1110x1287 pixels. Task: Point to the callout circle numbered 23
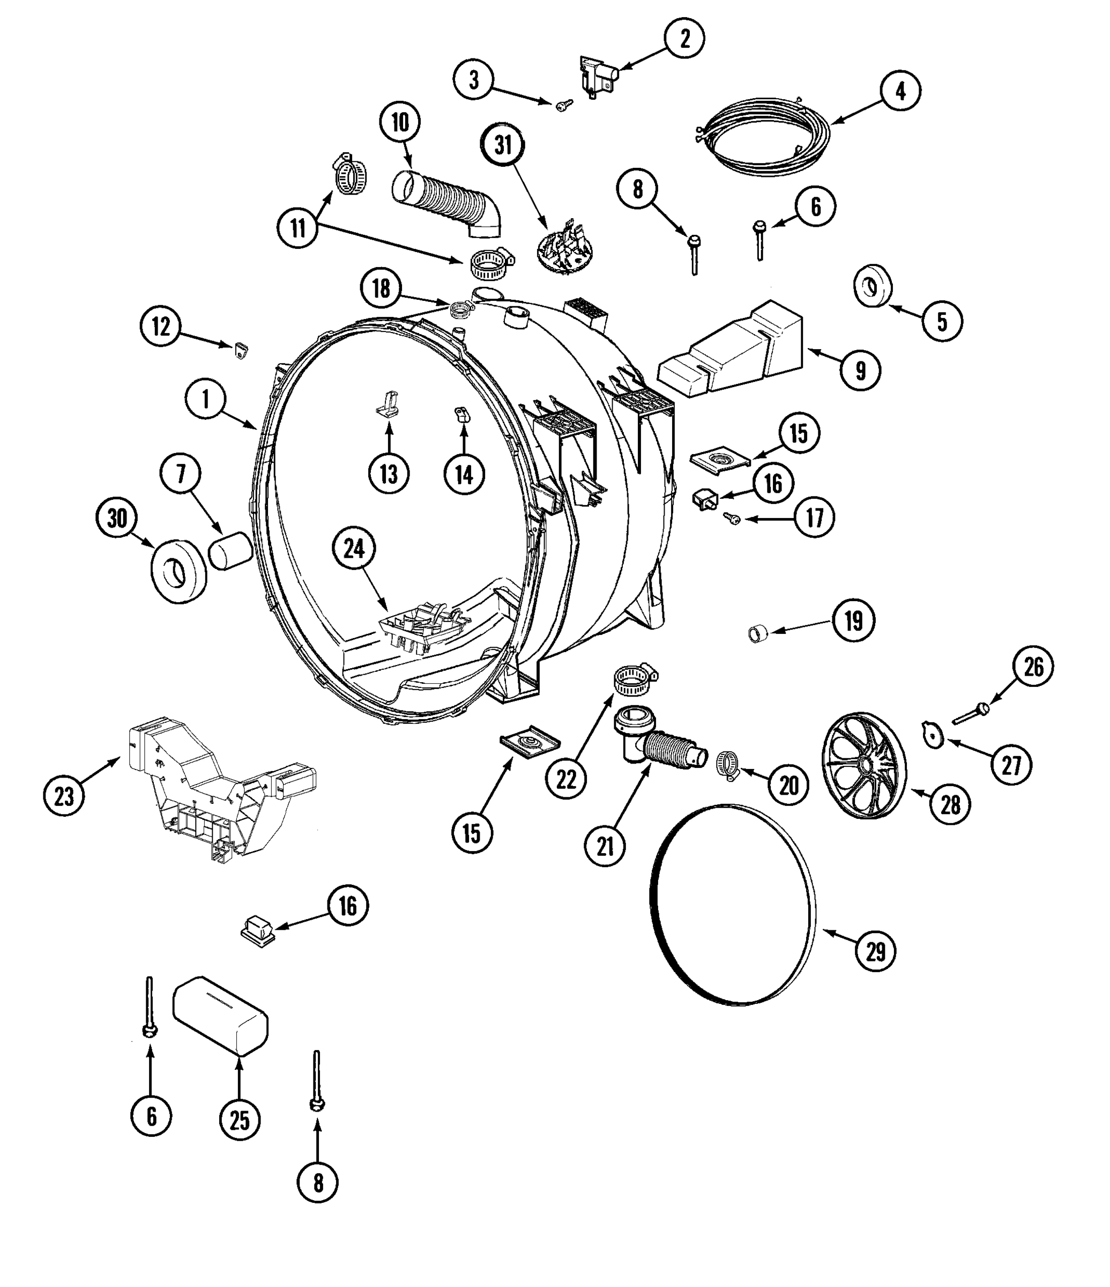point(64,796)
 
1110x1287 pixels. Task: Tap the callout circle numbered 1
point(205,400)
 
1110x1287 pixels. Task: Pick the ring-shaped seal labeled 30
point(179,571)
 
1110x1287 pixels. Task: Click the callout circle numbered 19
point(854,620)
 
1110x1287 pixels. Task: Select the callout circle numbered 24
point(354,549)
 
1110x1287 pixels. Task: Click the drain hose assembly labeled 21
point(659,741)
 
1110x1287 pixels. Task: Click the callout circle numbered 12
point(161,326)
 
